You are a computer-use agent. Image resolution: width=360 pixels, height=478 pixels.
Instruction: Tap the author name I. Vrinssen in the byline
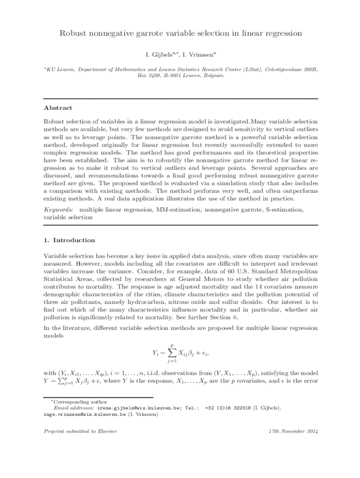(x=198, y=55)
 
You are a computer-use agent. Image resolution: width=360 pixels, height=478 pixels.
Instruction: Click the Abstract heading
(x=58, y=108)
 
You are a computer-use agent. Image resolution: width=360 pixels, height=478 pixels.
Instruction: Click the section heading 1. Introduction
(x=69, y=240)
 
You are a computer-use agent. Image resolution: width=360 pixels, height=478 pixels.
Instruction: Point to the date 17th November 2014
(x=293, y=431)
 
